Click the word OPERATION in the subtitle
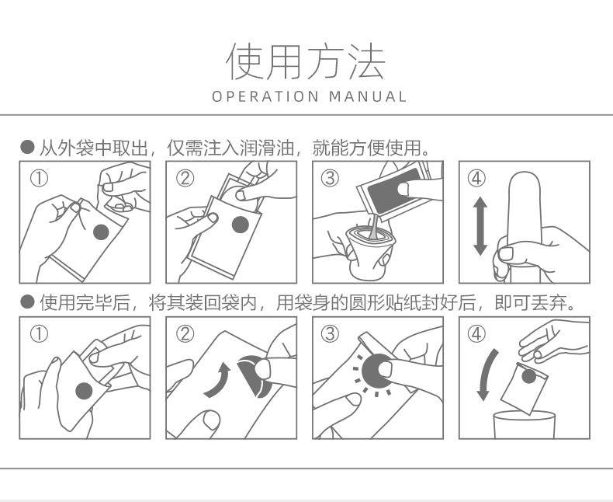(x=265, y=96)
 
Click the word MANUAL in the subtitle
(x=368, y=96)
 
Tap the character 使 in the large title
(x=245, y=61)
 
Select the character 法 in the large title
(x=366, y=61)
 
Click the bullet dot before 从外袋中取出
(x=27, y=147)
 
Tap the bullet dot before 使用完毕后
(x=27, y=302)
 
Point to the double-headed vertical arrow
(x=480, y=226)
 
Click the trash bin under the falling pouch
(x=525, y=424)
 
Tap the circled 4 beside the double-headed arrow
(x=476, y=178)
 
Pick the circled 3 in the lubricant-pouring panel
(x=330, y=178)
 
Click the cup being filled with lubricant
(x=369, y=253)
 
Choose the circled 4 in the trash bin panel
(x=476, y=334)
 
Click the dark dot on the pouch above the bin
(x=528, y=376)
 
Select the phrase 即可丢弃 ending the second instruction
(x=530, y=302)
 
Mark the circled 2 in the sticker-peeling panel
(x=185, y=334)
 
